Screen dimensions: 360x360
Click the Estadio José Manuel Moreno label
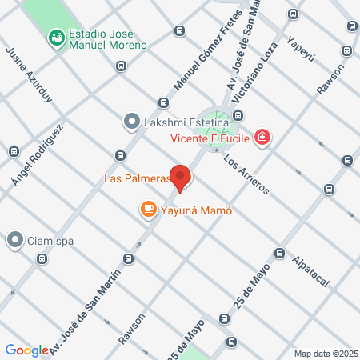coord(108,40)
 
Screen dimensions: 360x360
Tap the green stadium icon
coord(56,36)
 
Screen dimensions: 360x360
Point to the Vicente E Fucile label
coord(208,138)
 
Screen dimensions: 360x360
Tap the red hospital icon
coord(262,138)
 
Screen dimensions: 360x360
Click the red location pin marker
coord(181,177)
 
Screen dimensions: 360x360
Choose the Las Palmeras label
coord(138,178)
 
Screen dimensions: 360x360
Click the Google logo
coord(27,350)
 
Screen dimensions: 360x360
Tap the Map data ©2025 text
coord(324,353)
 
